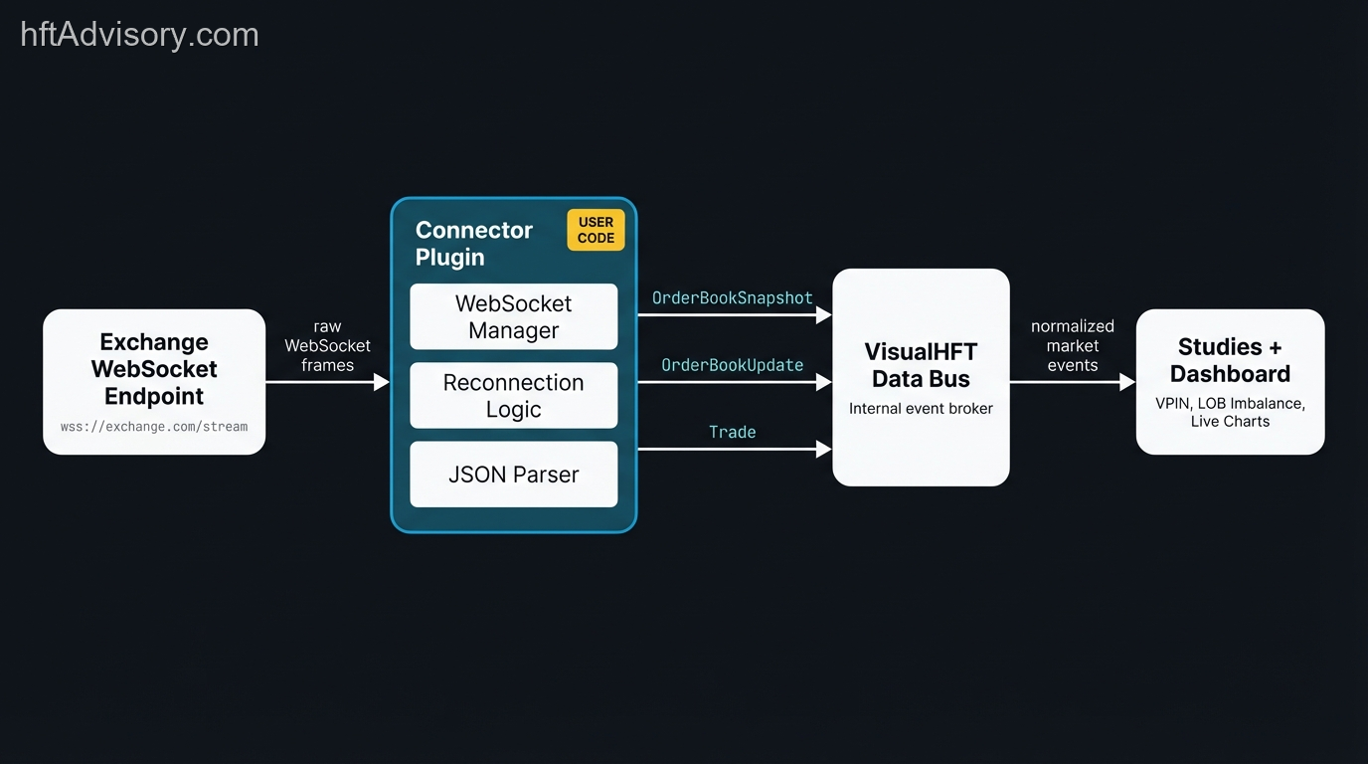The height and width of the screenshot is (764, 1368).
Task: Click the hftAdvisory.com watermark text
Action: tap(139, 35)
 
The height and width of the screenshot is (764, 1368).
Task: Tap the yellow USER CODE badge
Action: tap(596, 230)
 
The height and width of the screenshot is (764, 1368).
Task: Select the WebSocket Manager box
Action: tap(513, 316)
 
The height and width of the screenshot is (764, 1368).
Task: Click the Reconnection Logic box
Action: tap(513, 396)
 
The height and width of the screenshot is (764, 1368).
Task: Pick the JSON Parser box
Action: tap(513, 475)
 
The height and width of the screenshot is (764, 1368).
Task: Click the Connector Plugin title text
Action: tap(473, 243)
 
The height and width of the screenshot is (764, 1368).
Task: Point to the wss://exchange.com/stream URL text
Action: tap(154, 427)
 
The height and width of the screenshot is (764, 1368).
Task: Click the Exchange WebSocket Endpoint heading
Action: tap(154, 369)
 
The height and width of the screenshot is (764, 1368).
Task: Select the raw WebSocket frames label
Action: tap(327, 345)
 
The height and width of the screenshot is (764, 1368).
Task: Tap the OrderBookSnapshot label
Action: tap(732, 297)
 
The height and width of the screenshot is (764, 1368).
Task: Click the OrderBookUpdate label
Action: tap(732, 365)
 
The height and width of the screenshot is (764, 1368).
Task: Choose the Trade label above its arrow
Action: tap(732, 432)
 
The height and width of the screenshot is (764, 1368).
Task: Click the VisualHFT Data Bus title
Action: tap(921, 365)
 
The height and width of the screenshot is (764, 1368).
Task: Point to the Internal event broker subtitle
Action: tap(921, 408)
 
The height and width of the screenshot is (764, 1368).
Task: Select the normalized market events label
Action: tap(1072, 345)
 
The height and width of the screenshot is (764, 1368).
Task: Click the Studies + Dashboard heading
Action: tap(1230, 360)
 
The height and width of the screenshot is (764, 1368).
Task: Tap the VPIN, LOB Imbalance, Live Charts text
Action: tap(1230, 412)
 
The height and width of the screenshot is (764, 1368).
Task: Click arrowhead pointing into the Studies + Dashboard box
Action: tap(1127, 382)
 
